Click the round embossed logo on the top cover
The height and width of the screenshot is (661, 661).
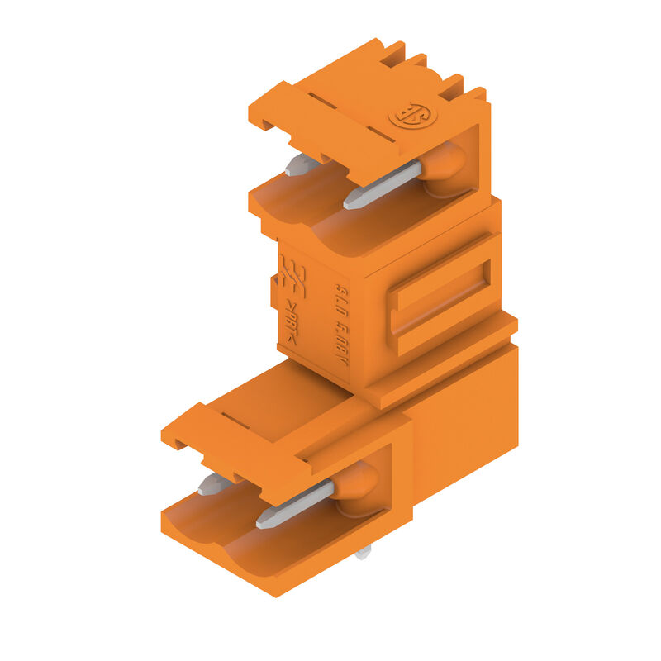point(413,115)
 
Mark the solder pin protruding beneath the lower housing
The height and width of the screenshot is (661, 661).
point(363,551)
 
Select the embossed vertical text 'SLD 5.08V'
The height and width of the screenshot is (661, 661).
point(341,318)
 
